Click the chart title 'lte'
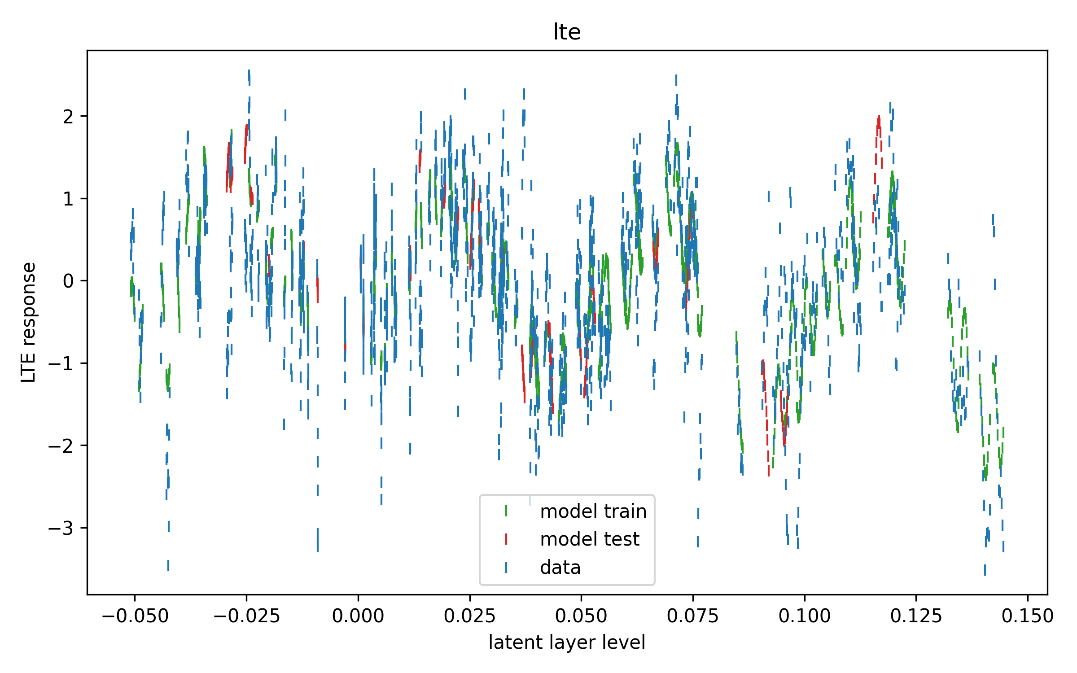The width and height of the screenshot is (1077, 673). click(567, 32)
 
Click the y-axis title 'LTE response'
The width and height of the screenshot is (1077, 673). click(29, 322)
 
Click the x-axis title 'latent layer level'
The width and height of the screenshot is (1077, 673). click(567, 642)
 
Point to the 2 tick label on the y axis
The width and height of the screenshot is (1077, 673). click(68, 117)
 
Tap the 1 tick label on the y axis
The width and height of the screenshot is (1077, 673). click(68, 199)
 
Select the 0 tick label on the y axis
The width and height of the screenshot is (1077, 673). click(68, 281)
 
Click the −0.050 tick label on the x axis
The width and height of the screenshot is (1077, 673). click(135, 616)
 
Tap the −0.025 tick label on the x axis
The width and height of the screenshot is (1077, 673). click(246, 616)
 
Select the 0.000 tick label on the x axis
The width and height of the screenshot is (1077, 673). click(358, 616)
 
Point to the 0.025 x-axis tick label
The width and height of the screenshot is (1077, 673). click(470, 616)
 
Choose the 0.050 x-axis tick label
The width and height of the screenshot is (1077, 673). click(581, 616)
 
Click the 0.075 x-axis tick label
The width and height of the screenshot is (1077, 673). click(693, 616)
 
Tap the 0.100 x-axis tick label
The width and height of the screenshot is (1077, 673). click(805, 616)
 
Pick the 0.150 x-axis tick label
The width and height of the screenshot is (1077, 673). click(1028, 616)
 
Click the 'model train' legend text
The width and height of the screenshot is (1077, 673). click(593, 511)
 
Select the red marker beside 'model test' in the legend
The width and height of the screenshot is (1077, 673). click(506, 539)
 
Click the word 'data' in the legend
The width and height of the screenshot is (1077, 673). click(560, 568)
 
